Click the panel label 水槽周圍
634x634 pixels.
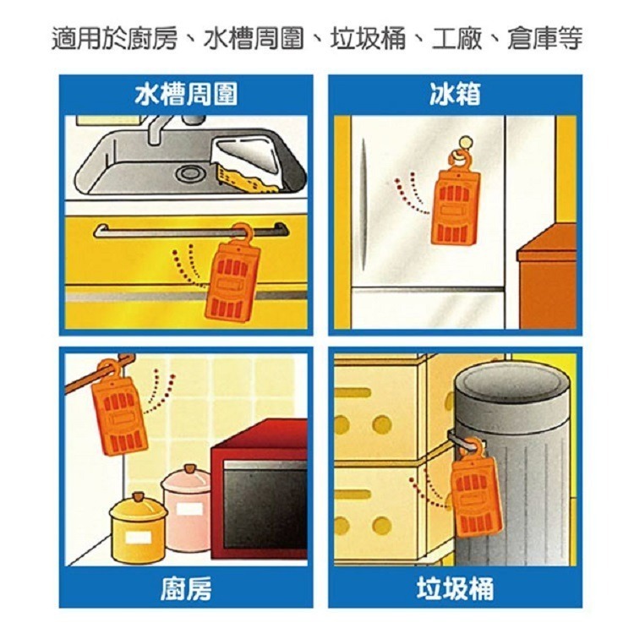186,95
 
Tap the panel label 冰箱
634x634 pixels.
456,95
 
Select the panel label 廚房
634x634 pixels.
186,588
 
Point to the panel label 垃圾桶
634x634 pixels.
456,588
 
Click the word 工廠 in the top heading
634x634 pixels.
456,39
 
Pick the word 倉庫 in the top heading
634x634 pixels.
532,39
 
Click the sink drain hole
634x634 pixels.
188,174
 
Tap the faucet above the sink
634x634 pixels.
170,128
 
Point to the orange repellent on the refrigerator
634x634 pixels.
456,202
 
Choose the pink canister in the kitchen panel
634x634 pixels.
187,510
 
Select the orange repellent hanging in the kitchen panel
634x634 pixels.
119,408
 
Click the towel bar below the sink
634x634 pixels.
191,232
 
